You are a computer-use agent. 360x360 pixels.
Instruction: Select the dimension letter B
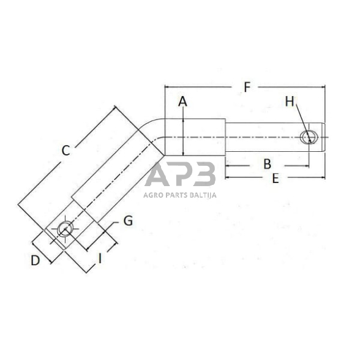tap(267, 163)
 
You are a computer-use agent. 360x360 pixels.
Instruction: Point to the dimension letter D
tap(36, 260)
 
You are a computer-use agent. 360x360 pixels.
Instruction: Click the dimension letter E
tap(275, 179)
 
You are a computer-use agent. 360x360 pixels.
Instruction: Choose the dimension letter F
tap(247, 87)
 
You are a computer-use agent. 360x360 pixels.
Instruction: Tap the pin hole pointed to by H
tap(311, 137)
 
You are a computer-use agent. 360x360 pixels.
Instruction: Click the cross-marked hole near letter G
tap(66, 230)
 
